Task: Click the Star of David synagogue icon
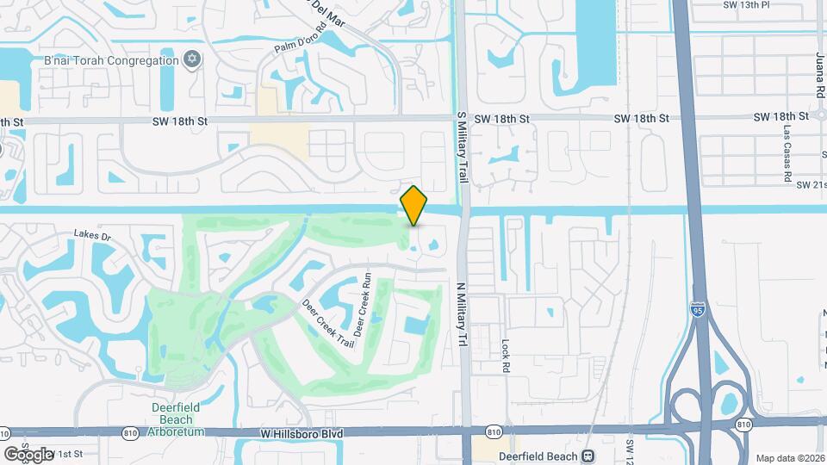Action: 192,59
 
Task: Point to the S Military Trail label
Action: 462,146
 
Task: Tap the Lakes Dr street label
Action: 93,234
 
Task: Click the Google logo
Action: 28,454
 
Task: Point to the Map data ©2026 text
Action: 790,457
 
